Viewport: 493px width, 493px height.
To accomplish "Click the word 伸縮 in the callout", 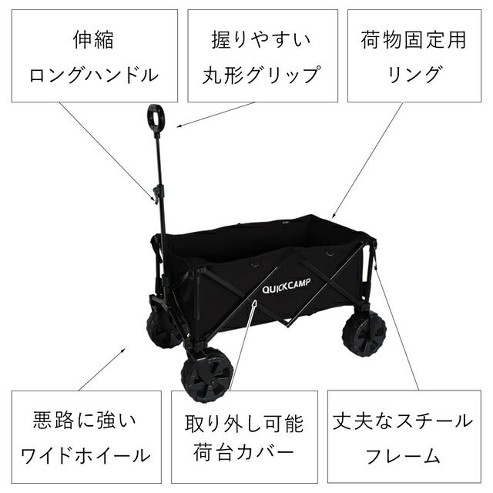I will pyautogui.click(x=94, y=39).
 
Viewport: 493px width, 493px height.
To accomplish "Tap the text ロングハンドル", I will pyautogui.click(x=94, y=75).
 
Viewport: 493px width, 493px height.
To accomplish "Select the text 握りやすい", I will pyautogui.click(x=263, y=39).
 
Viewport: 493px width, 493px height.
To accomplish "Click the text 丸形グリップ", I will pyautogui.click(x=262, y=75).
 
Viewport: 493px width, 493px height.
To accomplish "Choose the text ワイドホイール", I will pyautogui.click(x=86, y=454).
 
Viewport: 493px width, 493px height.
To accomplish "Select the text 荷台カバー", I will pyautogui.click(x=244, y=454).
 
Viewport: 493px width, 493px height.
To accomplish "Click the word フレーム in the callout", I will pyautogui.click(x=403, y=454).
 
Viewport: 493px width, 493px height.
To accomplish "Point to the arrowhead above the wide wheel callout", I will pyautogui.click(x=127, y=349).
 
